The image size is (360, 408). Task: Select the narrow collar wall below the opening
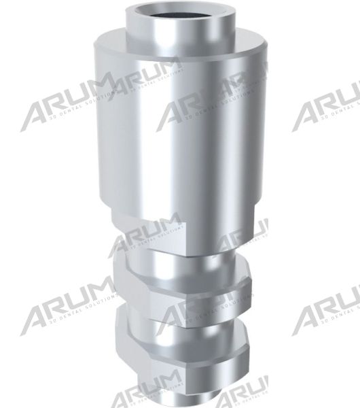click(179, 33)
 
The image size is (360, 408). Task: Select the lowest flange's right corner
click(251, 340)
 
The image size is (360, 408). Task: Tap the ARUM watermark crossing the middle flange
click(204, 306)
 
